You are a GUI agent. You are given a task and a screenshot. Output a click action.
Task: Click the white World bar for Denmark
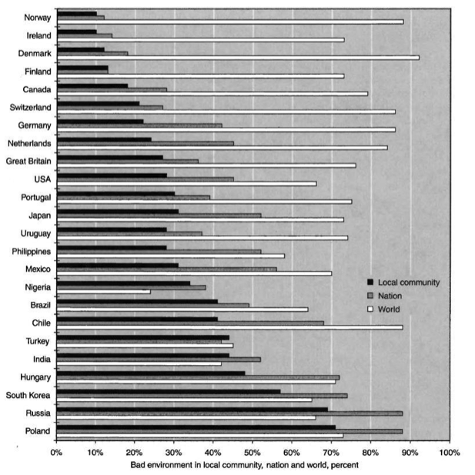pos(239,58)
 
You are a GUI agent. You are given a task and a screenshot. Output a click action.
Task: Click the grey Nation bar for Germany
pos(139,125)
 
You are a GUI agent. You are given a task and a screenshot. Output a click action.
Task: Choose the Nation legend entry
pos(395,296)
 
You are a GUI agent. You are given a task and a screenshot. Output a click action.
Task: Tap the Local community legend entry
pos(408,283)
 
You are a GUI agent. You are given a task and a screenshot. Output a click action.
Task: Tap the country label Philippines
pos(30,251)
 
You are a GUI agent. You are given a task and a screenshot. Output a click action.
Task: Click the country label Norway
pos(37,18)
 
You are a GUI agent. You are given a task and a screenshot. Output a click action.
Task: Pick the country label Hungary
pos(35,376)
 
